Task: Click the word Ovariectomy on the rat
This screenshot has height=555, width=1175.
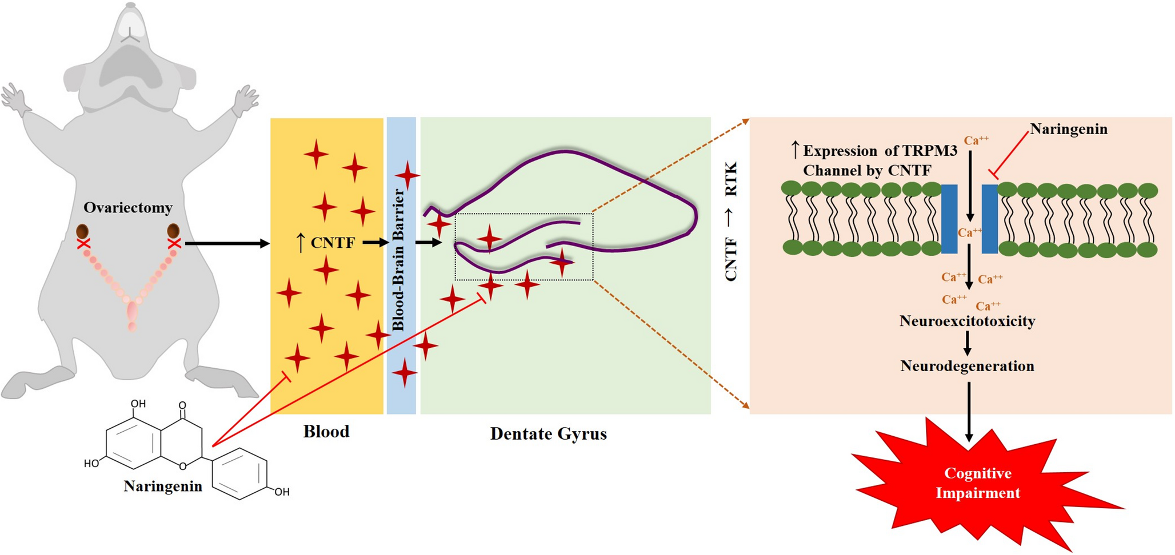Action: click(x=128, y=207)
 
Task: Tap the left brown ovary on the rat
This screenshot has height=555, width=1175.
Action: click(x=82, y=231)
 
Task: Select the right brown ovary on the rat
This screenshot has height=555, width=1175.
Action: click(x=173, y=231)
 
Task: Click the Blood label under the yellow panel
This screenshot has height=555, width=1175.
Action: click(x=326, y=431)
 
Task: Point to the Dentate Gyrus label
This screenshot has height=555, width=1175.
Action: click(x=548, y=434)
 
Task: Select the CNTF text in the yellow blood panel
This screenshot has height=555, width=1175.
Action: click(x=333, y=243)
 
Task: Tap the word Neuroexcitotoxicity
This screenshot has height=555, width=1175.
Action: click(x=967, y=321)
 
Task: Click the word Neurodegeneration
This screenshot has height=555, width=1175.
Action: click(x=967, y=366)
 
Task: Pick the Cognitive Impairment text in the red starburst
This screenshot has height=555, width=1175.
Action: click(x=977, y=483)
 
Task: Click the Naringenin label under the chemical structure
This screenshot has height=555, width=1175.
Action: click(x=163, y=486)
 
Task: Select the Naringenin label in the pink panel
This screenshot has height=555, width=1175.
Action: click(x=1068, y=130)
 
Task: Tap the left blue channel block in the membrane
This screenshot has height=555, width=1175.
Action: click(x=949, y=219)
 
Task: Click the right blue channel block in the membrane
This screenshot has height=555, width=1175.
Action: click(x=990, y=219)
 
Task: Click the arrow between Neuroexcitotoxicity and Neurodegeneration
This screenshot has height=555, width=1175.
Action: click(x=967, y=343)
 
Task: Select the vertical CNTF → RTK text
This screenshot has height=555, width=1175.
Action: click(x=731, y=222)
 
